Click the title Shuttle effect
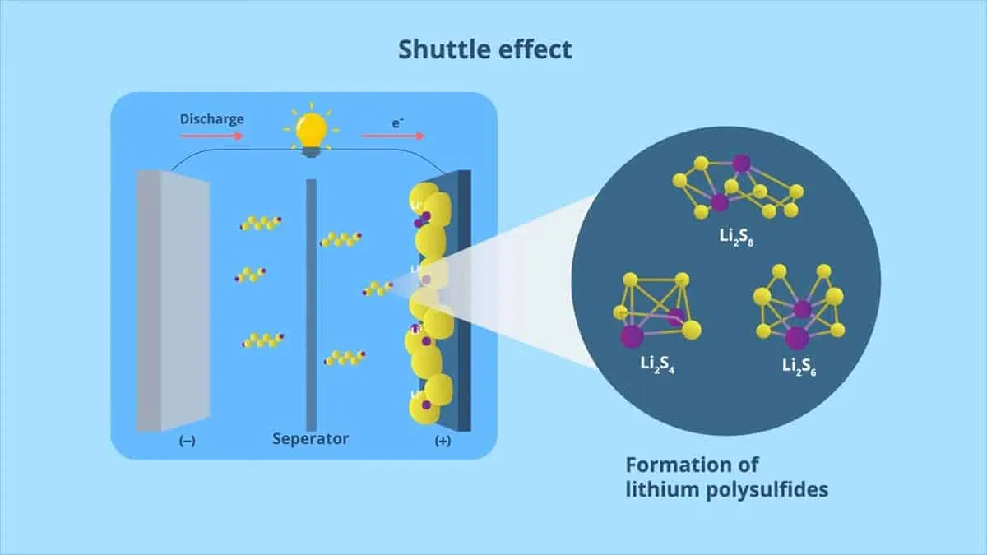pyautogui.click(x=485, y=49)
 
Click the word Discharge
pyautogui.click(x=212, y=119)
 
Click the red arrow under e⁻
pyautogui.click(x=393, y=136)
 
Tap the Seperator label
pyautogui.click(x=311, y=438)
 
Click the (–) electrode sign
pyautogui.click(x=187, y=441)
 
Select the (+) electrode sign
pyautogui.click(x=443, y=441)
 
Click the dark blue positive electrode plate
pyautogui.click(x=462, y=300)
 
